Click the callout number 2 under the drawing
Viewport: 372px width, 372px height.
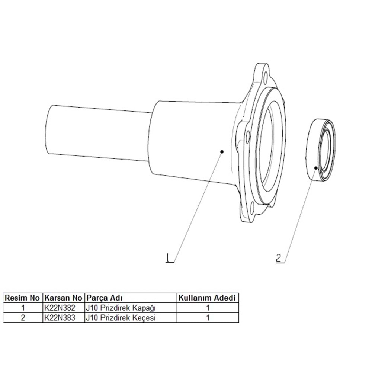click(x=279, y=258)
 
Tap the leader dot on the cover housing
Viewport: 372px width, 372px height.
click(x=222, y=151)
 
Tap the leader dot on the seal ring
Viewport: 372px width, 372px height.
click(x=316, y=168)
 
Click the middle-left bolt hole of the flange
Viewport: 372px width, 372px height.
click(x=247, y=137)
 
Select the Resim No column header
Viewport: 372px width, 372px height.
click(x=22, y=298)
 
